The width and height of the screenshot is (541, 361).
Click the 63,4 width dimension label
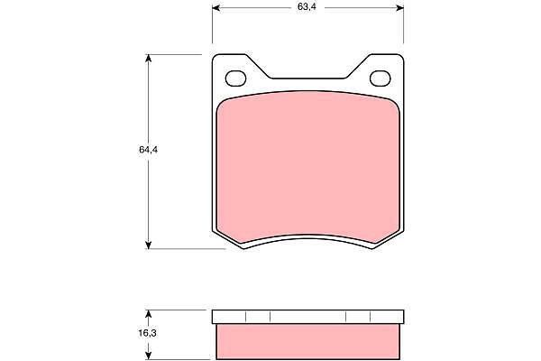[307, 7]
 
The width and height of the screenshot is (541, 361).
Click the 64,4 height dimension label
[149, 150]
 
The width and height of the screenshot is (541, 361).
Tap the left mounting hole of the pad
[235, 79]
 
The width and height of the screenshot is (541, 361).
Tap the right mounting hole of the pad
[381, 79]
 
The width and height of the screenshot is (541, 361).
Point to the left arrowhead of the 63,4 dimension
[216, 7]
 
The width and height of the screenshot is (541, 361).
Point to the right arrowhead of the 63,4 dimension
[399, 7]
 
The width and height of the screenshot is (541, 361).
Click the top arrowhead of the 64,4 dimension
[149, 59]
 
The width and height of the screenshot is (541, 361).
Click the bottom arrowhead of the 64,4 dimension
[149, 245]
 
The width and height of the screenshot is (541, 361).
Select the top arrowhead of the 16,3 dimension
[149, 314]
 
